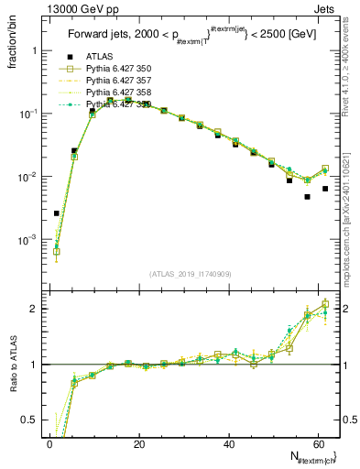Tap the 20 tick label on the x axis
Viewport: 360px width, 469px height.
[x=139, y=444]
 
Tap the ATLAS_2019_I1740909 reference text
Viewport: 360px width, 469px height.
[x=190, y=274]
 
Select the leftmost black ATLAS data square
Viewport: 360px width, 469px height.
[x=57, y=213]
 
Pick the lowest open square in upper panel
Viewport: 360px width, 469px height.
[x=57, y=251]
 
